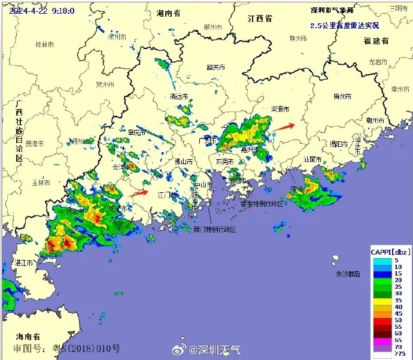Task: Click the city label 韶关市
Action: [x=215, y=68]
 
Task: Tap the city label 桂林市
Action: [x=45, y=44]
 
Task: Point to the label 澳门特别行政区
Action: [x=214, y=230]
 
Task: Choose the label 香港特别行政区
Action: [x=262, y=204]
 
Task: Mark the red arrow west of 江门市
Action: [x=139, y=193]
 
